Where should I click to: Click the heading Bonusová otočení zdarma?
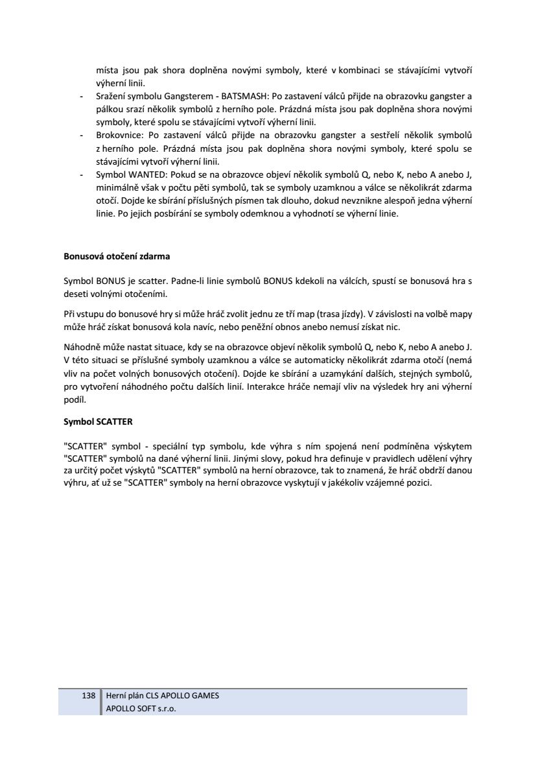[x=117, y=256]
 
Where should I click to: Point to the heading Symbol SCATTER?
[x=98, y=421]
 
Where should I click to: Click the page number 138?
[x=89, y=696]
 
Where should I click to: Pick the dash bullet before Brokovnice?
[x=81, y=136]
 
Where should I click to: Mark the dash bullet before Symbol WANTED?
[x=81, y=175]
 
